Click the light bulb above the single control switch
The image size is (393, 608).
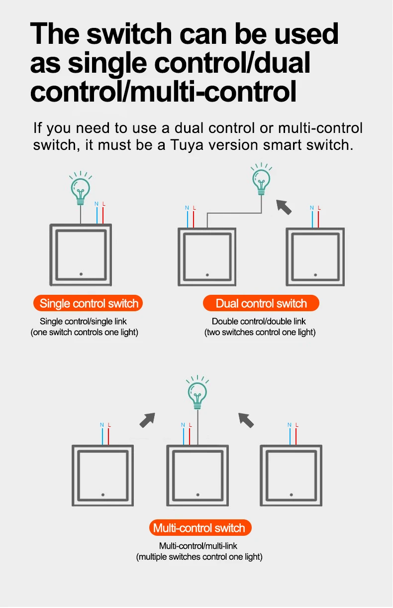81,188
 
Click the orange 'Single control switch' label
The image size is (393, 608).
88,303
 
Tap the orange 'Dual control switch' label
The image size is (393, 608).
261,303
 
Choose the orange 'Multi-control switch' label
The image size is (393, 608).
200,528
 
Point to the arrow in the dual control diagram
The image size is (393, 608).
284,207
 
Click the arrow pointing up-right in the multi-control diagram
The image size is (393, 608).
147,420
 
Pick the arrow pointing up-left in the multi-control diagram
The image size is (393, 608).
246,420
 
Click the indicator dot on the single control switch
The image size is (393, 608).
81,274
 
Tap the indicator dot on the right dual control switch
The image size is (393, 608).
315,275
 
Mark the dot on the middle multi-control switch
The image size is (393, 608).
197,495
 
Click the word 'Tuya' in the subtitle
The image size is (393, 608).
187,145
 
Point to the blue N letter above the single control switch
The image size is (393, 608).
97,204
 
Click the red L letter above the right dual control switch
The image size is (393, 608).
319,208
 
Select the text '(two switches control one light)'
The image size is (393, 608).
260,333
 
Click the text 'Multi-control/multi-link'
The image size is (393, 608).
198,546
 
